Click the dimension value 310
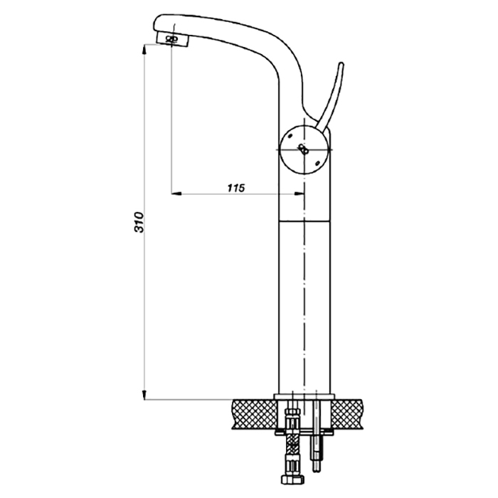(139, 222)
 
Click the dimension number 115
(236, 188)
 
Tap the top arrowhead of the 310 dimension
(144, 50)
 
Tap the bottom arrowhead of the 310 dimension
(144, 394)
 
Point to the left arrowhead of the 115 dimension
(176, 193)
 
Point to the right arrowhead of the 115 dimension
(300, 193)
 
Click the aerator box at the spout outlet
(173, 40)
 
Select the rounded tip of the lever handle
(341, 65)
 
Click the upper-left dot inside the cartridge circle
(290, 137)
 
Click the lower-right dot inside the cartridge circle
(317, 163)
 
